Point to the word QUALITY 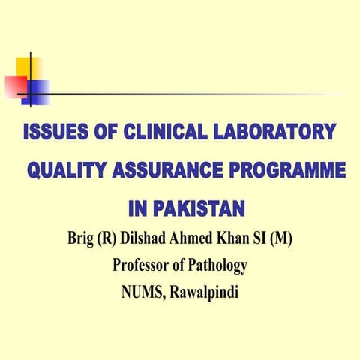pyautogui.click(x=66, y=171)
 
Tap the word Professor pyautogui.click(x=142, y=265)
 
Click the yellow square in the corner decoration pyautogui.click(x=28, y=70)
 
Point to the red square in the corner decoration pyautogui.click(x=15, y=85)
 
